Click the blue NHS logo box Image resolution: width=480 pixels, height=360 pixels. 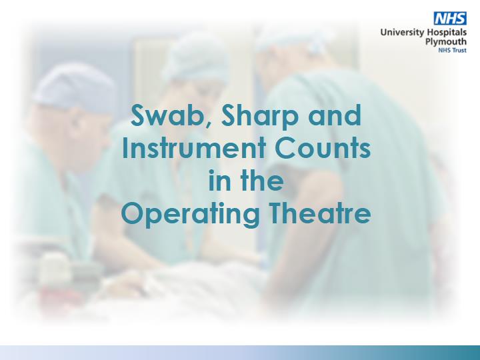(x=450, y=19)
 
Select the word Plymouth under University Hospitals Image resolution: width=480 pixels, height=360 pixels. (x=446, y=41)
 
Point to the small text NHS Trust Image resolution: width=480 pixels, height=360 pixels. (x=453, y=50)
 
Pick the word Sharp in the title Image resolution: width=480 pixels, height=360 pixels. (x=259, y=117)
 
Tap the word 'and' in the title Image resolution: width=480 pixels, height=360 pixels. (x=335, y=115)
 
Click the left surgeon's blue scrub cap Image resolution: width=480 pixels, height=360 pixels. (x=75, y=87)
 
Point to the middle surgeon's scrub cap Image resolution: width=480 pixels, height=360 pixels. (x=196, y=60)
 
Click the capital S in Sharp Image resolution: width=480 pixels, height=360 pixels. (x=229, y=115)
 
